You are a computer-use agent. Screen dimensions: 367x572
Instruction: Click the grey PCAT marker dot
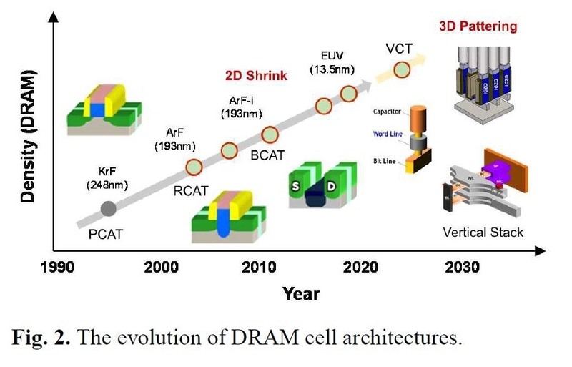(x=108, y=208)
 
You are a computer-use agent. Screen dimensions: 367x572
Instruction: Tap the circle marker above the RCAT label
(x=194, y=167)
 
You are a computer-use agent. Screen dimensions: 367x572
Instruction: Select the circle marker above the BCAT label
(x=270, y=134)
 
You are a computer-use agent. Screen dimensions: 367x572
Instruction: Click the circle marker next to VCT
(x=402, y=69)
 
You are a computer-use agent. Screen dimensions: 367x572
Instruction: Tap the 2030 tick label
(x=461, y=268)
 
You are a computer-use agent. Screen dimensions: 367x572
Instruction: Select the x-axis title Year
(x=300, y=293)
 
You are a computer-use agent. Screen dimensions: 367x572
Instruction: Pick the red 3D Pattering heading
(x=477, y=27)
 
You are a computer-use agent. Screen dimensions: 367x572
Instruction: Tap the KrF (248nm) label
(x=107, y=180)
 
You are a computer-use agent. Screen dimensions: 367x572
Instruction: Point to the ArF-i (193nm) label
(x=239, y=107)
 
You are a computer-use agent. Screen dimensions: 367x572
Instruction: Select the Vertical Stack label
(x=483, y=233)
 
